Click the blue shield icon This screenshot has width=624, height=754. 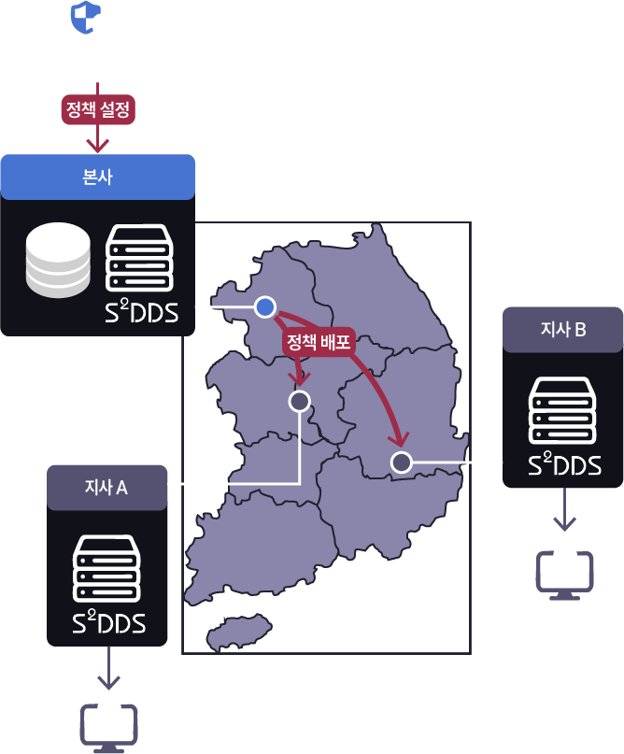(86, 18)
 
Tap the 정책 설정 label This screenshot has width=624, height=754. (98, 110)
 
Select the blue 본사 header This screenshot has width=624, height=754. (97, 178)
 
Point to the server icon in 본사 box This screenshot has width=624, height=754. (139, 258)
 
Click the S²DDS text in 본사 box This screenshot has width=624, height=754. (141, 313)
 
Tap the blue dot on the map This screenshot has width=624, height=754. (265, 306)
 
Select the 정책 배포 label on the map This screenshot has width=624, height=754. (319, 342)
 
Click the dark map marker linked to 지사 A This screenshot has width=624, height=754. (299, 402)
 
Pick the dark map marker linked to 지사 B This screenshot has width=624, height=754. (402, 462)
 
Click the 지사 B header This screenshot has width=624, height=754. (563, 329)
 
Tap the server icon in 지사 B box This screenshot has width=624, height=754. (563, 411)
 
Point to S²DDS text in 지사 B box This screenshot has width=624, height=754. (563, 464)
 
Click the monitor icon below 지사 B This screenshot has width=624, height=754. (564, 575)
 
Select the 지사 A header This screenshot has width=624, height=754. (106, 487)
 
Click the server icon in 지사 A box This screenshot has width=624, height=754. (108, 568)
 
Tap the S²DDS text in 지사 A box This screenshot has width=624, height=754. (108, 623)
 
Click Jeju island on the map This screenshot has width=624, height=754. (238, 633)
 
